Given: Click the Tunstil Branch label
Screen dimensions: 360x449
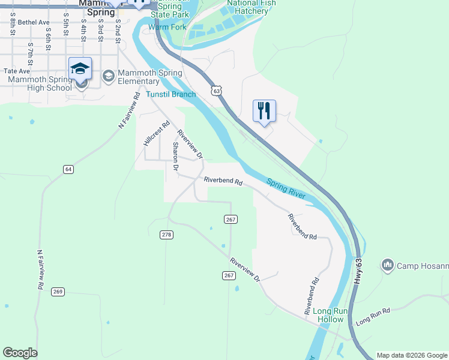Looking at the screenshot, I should [x=171, y=94].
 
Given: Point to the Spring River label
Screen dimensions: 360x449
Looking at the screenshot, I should [x=286, y=188].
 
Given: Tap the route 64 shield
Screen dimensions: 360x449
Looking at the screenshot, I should [x=68, y=170].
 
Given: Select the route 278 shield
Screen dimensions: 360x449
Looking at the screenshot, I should [x=167, y=234].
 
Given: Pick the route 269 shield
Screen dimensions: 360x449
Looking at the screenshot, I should [x=58, y=292].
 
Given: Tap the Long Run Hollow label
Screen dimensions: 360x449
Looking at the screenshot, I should [x=328, y=315].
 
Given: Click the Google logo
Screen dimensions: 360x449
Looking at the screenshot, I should [x=20, y=353].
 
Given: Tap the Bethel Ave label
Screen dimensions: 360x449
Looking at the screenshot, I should [x=34, y=22].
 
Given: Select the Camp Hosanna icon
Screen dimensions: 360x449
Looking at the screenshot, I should [x=387, y=265].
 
